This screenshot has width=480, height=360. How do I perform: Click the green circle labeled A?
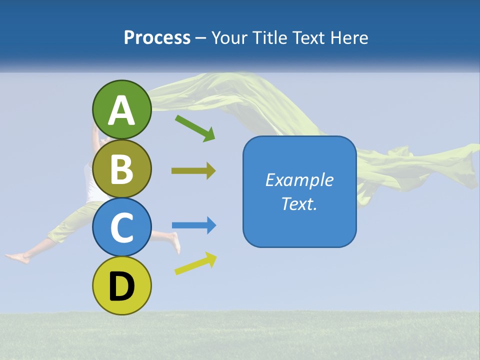tap(121, 109)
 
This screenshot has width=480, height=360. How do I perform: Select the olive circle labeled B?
tap(121, 168)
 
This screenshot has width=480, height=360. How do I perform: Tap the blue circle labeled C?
tap(121, 227)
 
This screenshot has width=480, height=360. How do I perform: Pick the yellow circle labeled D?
tap(121, 285)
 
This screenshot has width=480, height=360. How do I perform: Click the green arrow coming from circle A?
tap(195, 128)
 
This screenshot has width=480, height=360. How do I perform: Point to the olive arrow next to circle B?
tap(193, 171)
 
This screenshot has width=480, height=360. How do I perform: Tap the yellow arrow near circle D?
tap(195, 263)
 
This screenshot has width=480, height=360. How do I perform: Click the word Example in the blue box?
tap(299, 180)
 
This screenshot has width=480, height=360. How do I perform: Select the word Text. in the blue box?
tap(299, 203)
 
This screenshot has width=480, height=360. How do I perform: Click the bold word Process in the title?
tap(157, 37)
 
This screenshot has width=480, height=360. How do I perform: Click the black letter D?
tap(121, 286)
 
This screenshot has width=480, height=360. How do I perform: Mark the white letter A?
tap(121, 110)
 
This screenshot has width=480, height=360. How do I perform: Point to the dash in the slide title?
tap(201, 38)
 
